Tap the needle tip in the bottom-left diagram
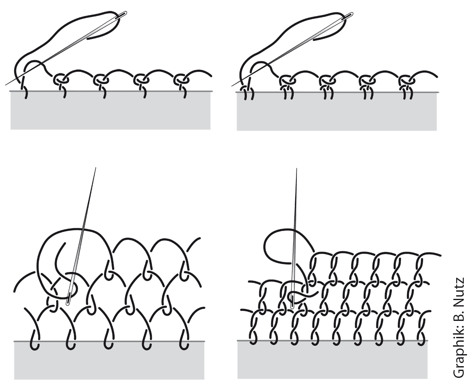(x=96, y=168)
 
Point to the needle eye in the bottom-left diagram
(x=69, y=298)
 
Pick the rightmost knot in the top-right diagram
(x=407, y=81)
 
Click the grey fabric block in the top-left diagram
(x=111, y=110)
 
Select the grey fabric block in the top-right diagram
(x=337, y=111)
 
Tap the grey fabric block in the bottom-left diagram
(x=109, y=360)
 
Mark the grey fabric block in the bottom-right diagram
(x=332, y=360)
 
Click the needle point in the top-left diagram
(x=6, y=85)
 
